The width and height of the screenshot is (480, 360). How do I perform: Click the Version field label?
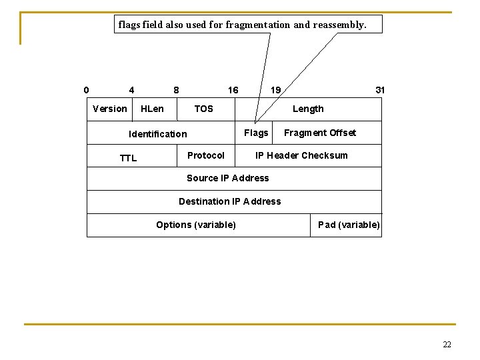click(110, 109)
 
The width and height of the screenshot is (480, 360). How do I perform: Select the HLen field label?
click(152, 109)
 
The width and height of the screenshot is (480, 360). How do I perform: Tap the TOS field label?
click(203, 109)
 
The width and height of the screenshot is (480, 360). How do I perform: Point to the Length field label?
click(308, 109)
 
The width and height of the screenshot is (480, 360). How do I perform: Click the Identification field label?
click(158, 134)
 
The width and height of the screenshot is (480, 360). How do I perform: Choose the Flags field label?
click(256, 133)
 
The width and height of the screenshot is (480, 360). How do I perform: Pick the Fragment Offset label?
click(320, 133)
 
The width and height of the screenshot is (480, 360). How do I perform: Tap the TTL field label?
click(128, 158)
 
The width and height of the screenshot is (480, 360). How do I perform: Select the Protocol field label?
click(206, 155)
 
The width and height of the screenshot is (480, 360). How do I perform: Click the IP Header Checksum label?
click(302, 155)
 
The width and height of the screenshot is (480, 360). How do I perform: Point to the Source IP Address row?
click(228, 178)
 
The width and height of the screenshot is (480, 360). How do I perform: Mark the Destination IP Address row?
click(230, 201)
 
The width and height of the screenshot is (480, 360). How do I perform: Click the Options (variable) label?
click(196, 225)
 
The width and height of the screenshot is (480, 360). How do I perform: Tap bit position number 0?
click(86, 90)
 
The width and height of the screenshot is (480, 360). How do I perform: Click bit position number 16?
click(233, 90)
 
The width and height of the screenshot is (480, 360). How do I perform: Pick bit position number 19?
click(275, 90)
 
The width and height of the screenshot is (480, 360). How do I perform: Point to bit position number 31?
click(380, 90)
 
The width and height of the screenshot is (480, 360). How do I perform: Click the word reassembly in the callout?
click(339, 25)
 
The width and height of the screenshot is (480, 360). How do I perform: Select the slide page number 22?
click(447, 345)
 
